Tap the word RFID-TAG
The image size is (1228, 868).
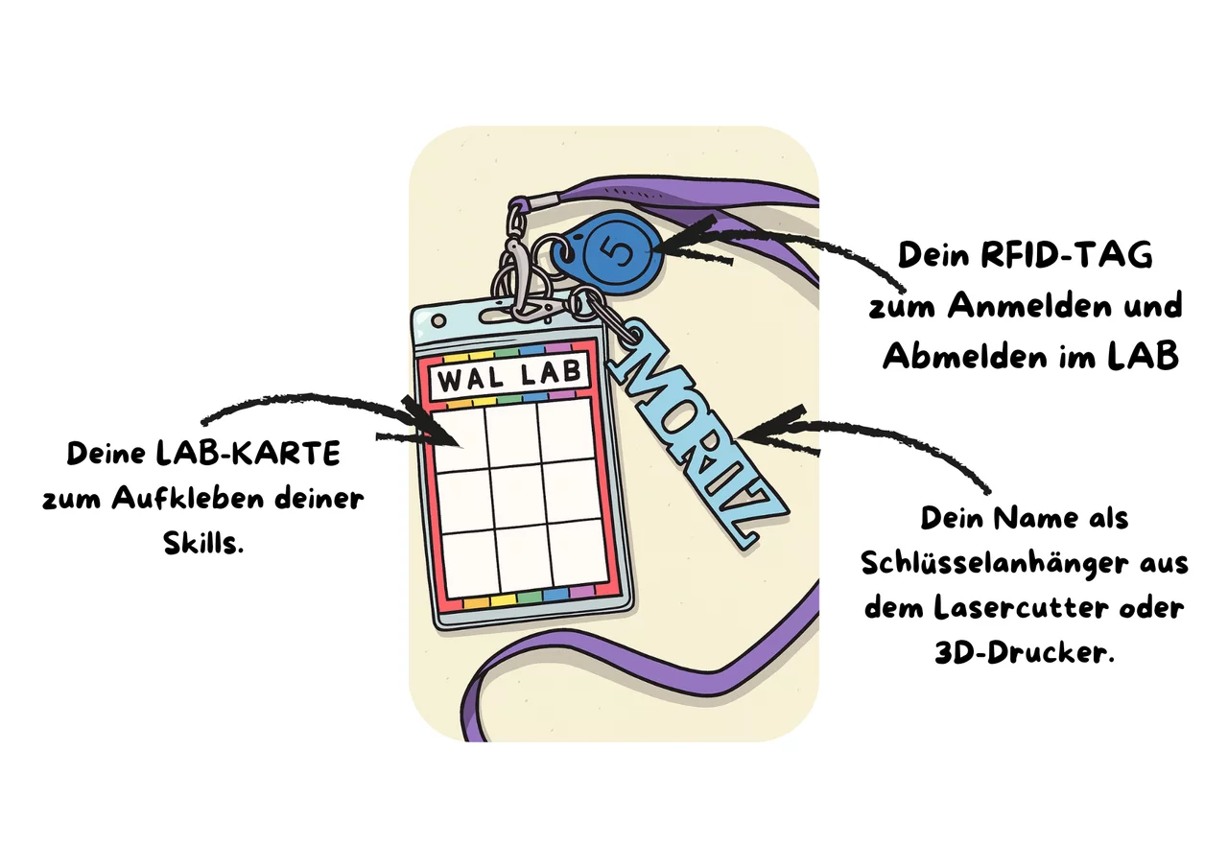point(1066,255)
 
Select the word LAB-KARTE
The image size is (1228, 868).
point(248,454)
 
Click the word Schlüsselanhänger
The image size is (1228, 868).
point(994,564)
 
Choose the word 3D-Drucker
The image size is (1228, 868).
point(1025,652)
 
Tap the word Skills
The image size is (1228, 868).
point(203,544)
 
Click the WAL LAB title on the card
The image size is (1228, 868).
point(509,377)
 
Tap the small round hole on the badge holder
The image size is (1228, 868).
point(438,320)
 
